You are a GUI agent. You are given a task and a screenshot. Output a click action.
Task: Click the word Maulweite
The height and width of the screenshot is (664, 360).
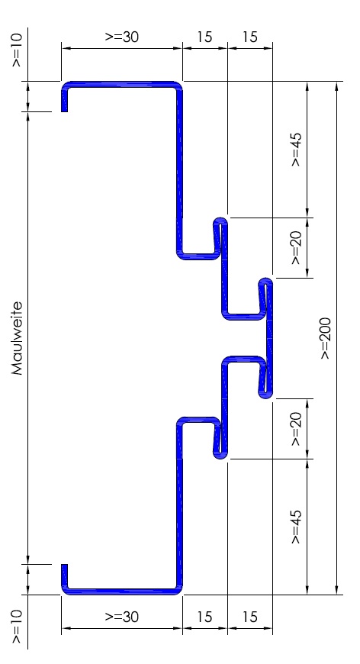click(x=17, y=338)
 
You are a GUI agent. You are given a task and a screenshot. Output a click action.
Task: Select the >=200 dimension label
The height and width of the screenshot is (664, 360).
click(x=326, y=338)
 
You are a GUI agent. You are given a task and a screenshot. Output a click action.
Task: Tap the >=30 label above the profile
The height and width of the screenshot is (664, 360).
click(x=122, y=37)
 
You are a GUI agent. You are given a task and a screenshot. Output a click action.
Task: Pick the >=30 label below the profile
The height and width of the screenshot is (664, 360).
click(x=122, y=617)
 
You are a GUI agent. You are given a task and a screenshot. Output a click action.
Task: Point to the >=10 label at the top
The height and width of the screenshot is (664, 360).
click(x=17, y=50)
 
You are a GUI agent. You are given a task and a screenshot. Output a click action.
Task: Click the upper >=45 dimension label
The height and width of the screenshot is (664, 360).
click(x=296, y=150)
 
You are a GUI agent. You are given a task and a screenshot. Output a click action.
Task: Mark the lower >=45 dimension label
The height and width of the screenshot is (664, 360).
click(x=296, y=527)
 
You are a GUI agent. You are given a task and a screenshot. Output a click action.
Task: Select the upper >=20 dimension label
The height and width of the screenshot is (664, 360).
click(x=296, y=248)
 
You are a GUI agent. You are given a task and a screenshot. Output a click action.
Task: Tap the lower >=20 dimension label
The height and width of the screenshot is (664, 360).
click(x=296, y=429)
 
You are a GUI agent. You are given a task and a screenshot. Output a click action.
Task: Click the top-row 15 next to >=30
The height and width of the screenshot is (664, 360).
click(x=204, y=37)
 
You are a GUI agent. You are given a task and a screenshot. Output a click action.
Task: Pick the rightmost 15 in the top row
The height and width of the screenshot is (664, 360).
click(x=250, y=37)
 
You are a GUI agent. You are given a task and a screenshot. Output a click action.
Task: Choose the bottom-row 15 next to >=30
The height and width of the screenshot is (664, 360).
click(x=204, y=617)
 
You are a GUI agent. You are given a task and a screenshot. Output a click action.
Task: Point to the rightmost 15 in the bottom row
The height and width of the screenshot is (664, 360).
click(x=250, y=617)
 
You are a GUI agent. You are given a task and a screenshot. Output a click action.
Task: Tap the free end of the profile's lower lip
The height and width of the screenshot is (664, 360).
click(x=64, y=565)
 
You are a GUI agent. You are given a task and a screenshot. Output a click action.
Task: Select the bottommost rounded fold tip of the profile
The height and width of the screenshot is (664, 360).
click(x=220, y=456)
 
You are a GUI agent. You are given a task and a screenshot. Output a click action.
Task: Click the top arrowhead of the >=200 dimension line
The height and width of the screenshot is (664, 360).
click(x=336, y=86)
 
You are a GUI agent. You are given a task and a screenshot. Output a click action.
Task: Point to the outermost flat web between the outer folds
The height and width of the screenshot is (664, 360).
click(x=269, y=338)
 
